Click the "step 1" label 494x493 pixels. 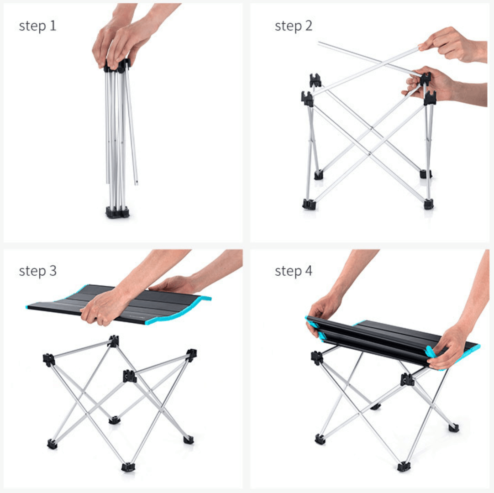tap(37, 26)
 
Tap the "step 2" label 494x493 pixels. tap(293, 26)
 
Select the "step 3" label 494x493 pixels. tap(37, 271)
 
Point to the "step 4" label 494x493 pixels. tap(293, 271)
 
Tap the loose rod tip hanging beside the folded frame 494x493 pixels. tap(136, 183)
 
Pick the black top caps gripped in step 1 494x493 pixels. tap(117, 65)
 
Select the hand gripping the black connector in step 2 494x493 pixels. tap(441, 85)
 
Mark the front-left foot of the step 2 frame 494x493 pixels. tap(309, 204)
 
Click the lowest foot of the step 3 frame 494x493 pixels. tap(128, 467)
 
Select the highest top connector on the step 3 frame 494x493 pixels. tap(113, 341)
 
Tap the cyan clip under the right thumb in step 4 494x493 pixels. tap(431, 351)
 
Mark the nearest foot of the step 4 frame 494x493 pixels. tap(404, 466)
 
